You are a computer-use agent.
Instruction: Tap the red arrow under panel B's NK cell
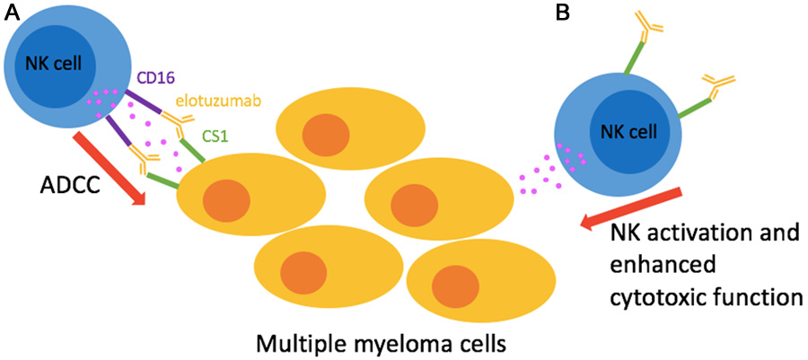633,208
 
